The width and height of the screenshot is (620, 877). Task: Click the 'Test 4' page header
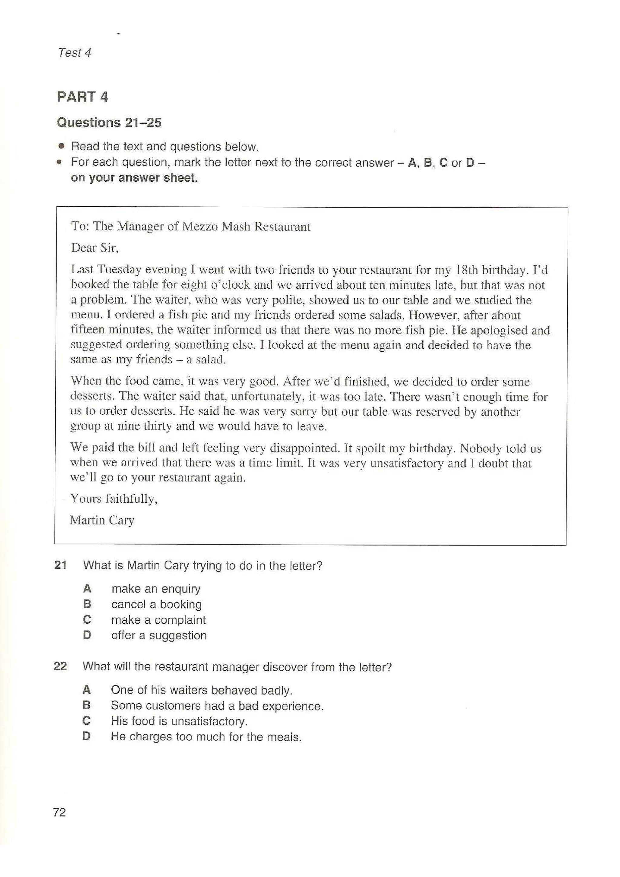[74, 52]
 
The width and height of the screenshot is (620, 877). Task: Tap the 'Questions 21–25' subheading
[109, 123]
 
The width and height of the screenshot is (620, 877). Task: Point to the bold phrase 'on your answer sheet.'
[134, 178]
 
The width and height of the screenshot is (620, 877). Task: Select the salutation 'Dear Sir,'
[95, 248]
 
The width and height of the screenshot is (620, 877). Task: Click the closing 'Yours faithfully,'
[114, 498]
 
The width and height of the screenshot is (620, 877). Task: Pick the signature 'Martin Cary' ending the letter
[102, 520]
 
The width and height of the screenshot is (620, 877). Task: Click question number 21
[60, 565]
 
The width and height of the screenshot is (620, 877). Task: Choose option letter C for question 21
[87, 619]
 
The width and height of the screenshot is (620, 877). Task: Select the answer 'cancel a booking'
[156, 604]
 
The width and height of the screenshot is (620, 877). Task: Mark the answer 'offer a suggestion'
[159, 635]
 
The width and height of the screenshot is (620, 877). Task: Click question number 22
[60, 667]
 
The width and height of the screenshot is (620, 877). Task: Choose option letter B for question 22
[87, 705]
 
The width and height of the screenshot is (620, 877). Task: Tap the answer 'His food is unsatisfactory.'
[179, 721]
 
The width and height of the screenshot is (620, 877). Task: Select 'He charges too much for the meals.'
[206, 737]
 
